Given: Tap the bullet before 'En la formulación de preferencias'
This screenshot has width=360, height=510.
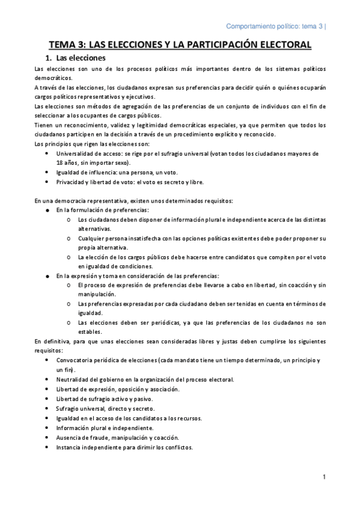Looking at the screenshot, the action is (x=47, y=210).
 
